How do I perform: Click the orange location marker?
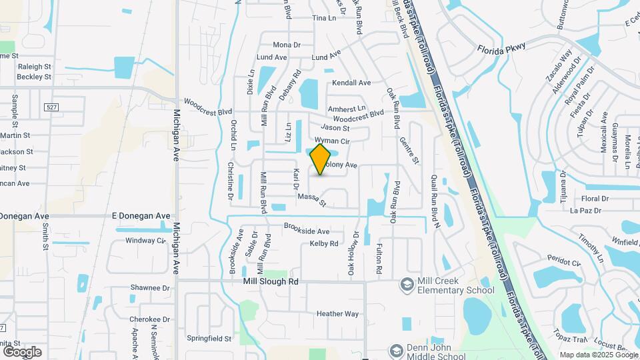point(321,159)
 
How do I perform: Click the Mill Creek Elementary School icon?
point(406,285)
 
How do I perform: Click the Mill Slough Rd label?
point(270,282)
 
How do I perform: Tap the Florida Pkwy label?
point(501,47)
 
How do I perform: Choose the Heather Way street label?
point(337,313)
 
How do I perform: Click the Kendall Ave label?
point(351,83)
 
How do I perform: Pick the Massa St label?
point(311,199)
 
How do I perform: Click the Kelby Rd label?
point(324,244)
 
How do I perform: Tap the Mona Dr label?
point(287,45)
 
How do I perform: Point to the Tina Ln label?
point(324,18)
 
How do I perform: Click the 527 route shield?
point(51,107)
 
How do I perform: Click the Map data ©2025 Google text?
point(598,355)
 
